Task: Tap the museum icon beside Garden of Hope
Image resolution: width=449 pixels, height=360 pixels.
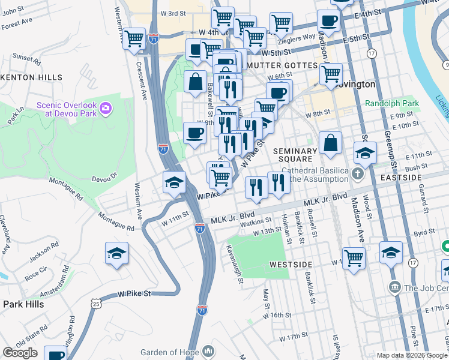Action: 208,350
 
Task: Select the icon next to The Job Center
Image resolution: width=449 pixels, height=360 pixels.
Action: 394,287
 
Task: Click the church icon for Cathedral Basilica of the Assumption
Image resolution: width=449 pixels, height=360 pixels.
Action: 358,175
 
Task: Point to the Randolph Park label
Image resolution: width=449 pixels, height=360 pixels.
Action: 392,103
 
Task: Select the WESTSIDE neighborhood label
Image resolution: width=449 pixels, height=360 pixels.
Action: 291,264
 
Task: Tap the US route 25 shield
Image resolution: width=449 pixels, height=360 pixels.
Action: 96,305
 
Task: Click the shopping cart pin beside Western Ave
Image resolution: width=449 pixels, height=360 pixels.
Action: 134,39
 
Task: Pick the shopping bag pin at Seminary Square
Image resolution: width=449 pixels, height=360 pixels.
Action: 330,143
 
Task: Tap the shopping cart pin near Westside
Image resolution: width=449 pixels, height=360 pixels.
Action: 354,258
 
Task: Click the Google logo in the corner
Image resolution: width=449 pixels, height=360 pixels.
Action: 20,353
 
